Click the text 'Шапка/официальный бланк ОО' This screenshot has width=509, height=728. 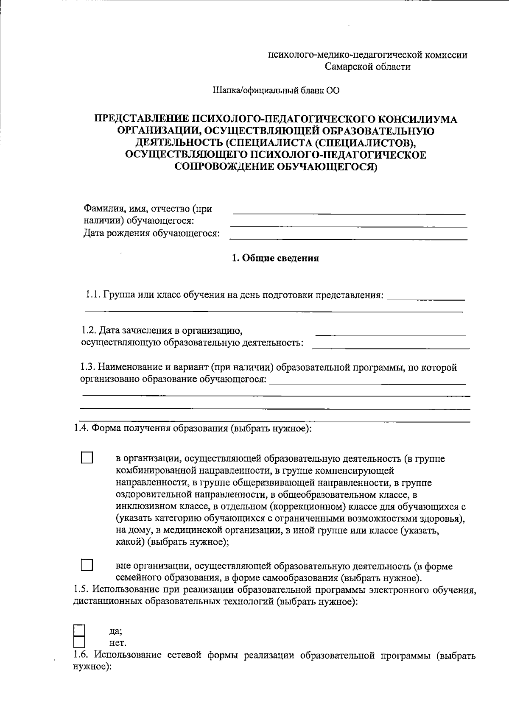(276, 90)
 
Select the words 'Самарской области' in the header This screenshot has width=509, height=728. (368, 67)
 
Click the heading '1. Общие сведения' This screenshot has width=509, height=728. (275, 258)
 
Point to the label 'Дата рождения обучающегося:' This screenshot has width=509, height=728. (151, 233)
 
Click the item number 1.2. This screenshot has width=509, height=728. (89, 330)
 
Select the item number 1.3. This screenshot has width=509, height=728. (88, 367)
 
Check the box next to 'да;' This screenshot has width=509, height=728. (79, 630)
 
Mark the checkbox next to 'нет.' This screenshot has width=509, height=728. (79, 642)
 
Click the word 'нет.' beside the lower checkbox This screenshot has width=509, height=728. (117, 642)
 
